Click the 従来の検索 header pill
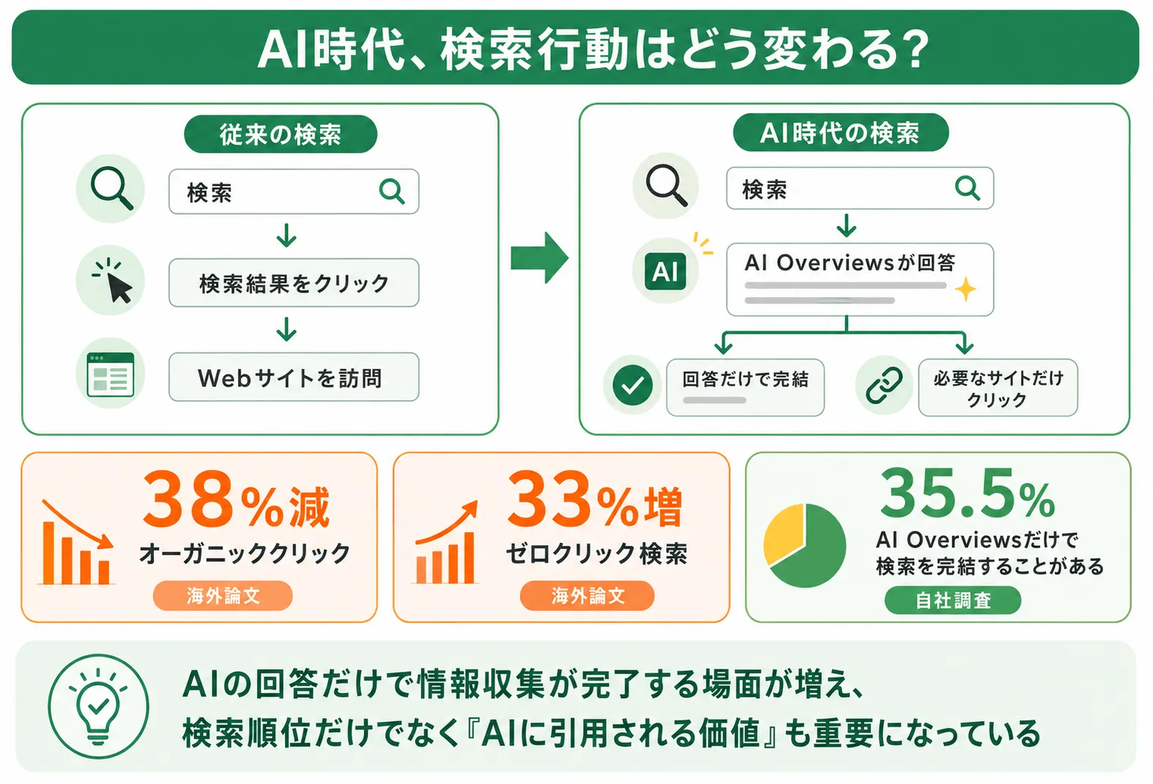click(x=280, y=134)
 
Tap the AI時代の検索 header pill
click(x=841, y=132)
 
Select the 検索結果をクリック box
click(x=294, y=283)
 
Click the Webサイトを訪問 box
click(x=294, y=377)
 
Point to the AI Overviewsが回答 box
click(x=860, y=279)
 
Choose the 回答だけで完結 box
click(x=745, y=387)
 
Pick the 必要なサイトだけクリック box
click(x=998, y=387)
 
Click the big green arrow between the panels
click(x=540, y=257)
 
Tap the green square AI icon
click(x=665, y=271)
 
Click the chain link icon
click(x=884, y=385)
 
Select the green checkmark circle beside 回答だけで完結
click(x=633, y=385)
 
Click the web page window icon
click(x=110, y=375)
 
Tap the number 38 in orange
click(x=187, y=499)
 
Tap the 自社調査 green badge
click(x=954, y=601)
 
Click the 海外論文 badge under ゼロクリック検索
click(x=587, y=596)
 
